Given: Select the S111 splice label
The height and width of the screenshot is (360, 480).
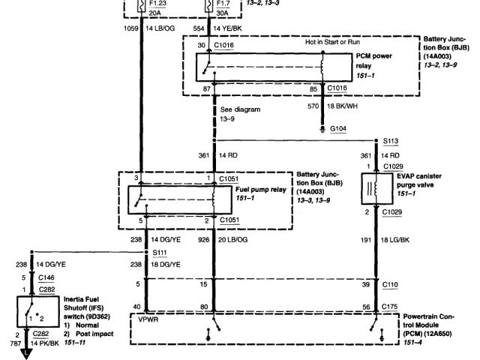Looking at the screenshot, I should point(160,253).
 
